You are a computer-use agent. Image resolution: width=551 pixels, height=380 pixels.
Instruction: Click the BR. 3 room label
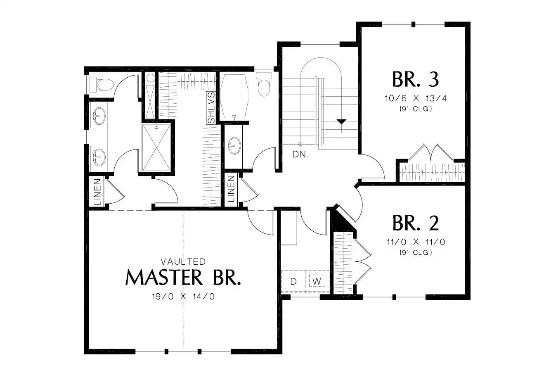click(x=416, y=79)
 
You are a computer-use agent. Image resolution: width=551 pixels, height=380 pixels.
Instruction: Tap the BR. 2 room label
click(x=416, y=223)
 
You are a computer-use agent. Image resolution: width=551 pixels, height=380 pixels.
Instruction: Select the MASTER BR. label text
click(x=183, y=278)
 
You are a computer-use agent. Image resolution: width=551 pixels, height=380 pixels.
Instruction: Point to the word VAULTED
click(x=183, y=261)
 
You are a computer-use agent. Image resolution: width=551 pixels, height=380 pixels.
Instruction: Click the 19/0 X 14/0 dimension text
click(x=183, y=297)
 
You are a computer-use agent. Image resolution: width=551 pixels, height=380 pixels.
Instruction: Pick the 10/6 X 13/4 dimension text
click(x=416, y=98)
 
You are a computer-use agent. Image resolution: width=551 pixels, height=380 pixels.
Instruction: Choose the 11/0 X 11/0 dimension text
click(x=416, y=242)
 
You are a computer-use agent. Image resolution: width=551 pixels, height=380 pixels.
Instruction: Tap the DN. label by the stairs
click(x=300, y=154)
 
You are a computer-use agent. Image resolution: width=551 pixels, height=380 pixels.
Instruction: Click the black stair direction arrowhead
click(x=341, y=122)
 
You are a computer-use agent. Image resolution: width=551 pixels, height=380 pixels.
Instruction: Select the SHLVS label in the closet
click(x=211, y=108)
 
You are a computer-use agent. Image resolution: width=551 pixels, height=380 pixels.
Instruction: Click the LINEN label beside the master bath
click(x=97, y=192)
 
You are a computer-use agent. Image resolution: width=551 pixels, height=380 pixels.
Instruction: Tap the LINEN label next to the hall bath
click(x=231, y=189)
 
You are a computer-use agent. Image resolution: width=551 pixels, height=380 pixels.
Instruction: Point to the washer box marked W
click(x=317, y=281)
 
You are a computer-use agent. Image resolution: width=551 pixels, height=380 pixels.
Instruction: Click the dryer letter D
click(x=293, y=281)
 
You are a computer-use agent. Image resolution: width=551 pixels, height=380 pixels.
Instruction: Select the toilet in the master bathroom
click(x=102, y=84)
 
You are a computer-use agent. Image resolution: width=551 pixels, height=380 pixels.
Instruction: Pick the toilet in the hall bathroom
click(x=264, y=84)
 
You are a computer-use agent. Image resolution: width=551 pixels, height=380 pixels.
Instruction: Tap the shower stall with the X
click(x=157, y=147)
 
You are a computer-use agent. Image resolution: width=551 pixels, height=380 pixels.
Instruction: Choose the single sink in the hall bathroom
click(x=235, y=146)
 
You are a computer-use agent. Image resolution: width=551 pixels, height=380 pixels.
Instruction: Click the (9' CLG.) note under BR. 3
click(x=416, y=109)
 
